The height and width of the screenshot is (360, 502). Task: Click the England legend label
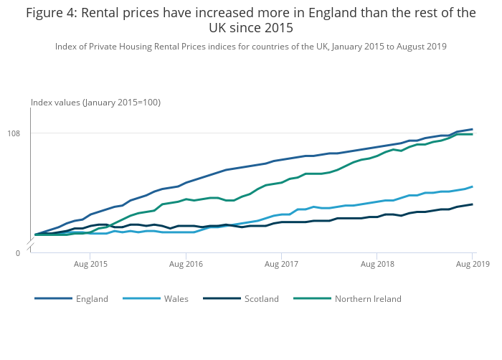(x=92, y=298)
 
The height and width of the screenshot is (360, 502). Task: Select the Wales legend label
(x=176, y=298)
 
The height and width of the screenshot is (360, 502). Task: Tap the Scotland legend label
(x=261, y=298)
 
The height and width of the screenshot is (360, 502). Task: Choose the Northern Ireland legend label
(x=368, y=298)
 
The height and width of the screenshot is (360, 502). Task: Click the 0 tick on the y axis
(x=18, y=253)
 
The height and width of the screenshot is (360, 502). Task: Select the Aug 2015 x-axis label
(x=90, y=265)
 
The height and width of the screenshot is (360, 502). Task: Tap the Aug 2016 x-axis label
(x=186, y=265)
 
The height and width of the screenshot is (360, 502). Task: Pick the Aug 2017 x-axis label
(x=281, y=265)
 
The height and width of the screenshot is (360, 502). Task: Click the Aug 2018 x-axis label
(x=377, y=265)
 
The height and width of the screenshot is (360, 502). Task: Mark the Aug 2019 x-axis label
(x=473, y=265)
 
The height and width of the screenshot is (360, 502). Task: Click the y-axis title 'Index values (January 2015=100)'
(x=95, y=103)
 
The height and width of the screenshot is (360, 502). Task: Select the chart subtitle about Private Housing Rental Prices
(x=251, y=47)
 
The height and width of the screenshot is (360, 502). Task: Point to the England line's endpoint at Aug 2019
(x=472, y=129)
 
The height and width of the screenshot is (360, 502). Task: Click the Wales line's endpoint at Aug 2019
(x=472, y=186)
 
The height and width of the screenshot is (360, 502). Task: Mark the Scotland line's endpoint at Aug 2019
(x=472, y=204)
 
